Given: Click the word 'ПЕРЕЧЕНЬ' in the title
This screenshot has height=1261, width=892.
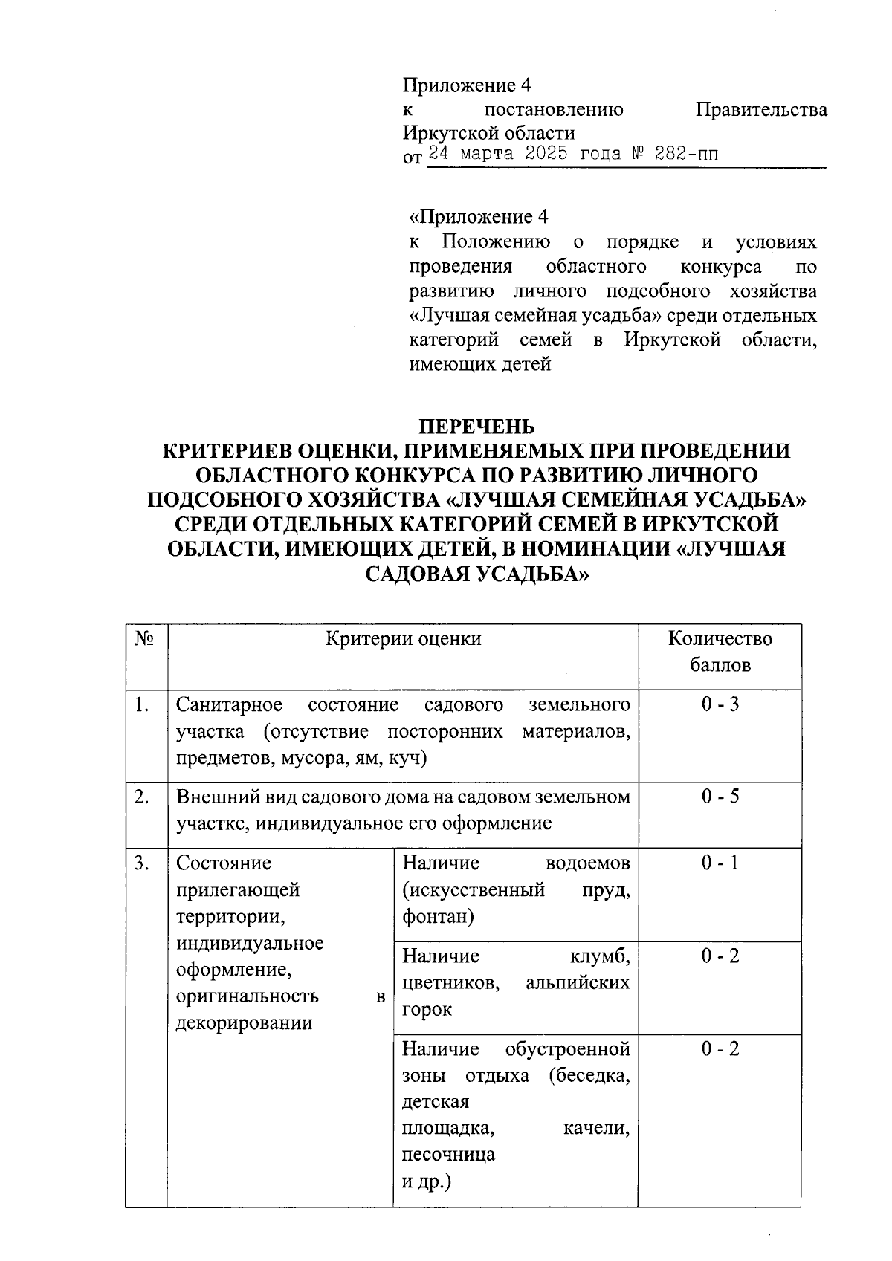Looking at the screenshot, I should pyautogui.click(x=476, y=427).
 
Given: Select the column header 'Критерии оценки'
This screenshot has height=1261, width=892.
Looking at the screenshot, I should pyautogui.click(x=403, y=639).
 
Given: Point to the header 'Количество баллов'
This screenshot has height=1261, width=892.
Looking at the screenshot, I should pyautogui.click(x=720, y=652).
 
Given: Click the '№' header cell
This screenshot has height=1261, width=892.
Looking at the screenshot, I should pyautogui.click(x=146, y=639).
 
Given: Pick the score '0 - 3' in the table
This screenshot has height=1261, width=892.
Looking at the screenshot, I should pyautogui.click(x=720, y=704).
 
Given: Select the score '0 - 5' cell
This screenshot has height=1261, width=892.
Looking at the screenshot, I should pyautogui.click(x=720, y=797).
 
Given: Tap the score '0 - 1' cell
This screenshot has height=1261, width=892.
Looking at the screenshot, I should pyautogui.click(x=720, y=863).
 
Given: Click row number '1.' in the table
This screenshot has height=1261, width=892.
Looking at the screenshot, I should pyautogui.click(x=143, y=704).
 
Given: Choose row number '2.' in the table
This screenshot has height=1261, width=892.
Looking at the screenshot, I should pyautogui.click(x=143, y=797).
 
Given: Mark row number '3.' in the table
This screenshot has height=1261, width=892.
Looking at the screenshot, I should pyautogui.click(x=143, y=863).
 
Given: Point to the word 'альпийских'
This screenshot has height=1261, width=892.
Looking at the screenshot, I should pyautogui.click(x=578, y=983).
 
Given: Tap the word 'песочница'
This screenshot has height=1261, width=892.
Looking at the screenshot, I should pyautogui.click(x=448, y=1155).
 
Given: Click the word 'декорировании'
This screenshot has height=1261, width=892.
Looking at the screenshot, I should pyautogui.click(x=233, y=1023).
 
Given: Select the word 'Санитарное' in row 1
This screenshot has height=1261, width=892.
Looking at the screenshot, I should pyautogui.click(x=229, y=704).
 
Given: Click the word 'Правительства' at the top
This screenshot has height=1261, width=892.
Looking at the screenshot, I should pyautogui.click(x=761, y=110).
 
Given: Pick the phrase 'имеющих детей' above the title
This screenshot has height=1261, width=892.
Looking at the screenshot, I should pyautogui.click(x=480, y=365).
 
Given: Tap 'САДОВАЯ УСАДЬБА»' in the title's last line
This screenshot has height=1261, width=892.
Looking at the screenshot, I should pyautogui.click(x=476, y=574).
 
